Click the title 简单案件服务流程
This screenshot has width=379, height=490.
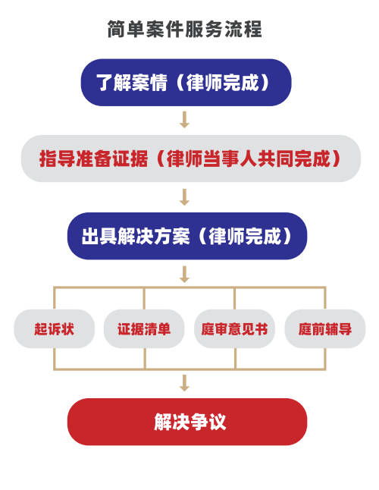(185, 30)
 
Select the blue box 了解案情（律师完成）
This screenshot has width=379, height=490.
(185, 82)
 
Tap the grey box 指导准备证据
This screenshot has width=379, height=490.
(189, 159)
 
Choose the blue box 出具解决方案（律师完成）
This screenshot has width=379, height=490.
(186, 235)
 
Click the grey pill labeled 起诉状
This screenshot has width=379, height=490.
(54, 329)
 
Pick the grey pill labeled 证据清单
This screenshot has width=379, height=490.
(144, 329)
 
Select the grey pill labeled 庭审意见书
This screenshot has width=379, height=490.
(234, 329)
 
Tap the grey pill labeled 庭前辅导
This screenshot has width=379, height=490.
(324, 329)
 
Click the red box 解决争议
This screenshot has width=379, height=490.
(186, 422)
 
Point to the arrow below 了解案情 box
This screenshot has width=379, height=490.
(184, 119)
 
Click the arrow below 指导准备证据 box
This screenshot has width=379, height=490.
(184, 197)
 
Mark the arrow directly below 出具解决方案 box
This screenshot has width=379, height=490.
(184, 273)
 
